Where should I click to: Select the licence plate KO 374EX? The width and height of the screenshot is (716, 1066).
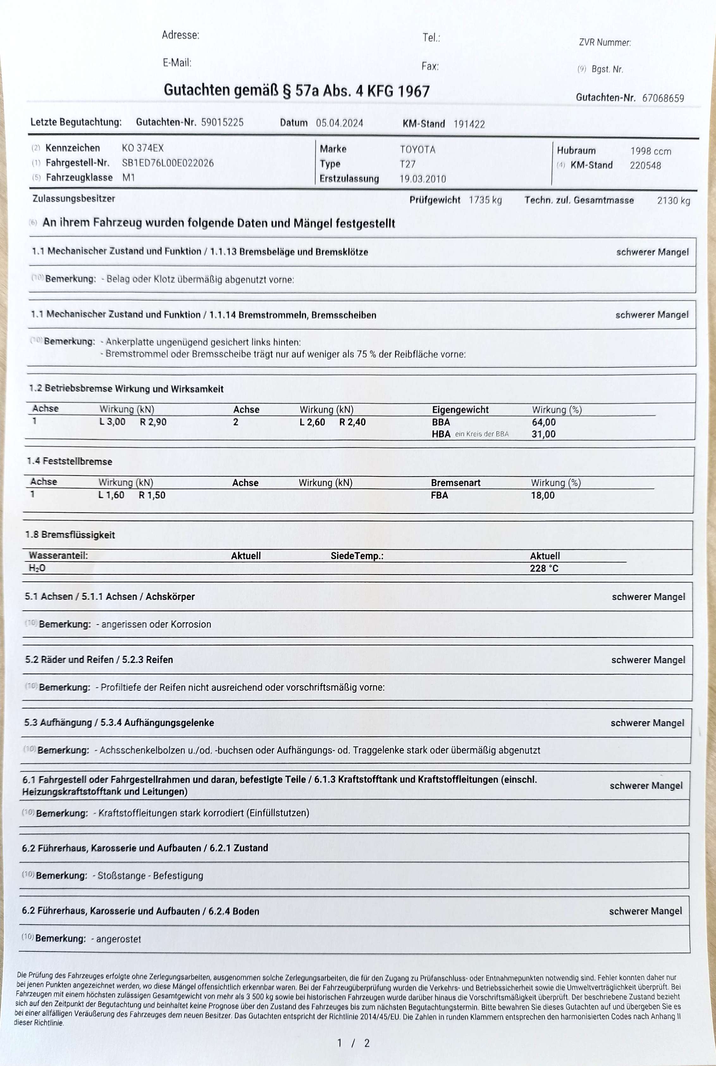click(x=142, y=148)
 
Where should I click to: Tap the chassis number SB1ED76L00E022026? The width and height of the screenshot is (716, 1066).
click(x=168, y=163)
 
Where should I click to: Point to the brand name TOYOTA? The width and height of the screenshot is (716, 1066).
click(x=417, y=149)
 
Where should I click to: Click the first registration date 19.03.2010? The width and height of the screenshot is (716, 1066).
click(x=423, y=179)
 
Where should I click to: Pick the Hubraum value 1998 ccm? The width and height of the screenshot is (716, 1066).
click(x=650, y=151)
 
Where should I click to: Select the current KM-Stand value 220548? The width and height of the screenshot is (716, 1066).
click(x=645, y=166)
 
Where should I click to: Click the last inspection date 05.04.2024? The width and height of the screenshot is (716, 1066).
click(x=339, y=123)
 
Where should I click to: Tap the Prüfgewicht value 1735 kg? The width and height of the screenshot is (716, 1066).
click(x=485, y=200)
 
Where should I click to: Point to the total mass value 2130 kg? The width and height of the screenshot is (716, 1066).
click(x=673, y=201)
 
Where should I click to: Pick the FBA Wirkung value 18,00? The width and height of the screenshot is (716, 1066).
click(x=542, y=495)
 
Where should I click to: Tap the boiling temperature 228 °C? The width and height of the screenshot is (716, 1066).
click(x=544, y=568)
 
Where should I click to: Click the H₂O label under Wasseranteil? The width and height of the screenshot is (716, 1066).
click(x=37, y=568)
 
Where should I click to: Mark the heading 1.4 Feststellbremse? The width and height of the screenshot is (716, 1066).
click(x=69, y=461)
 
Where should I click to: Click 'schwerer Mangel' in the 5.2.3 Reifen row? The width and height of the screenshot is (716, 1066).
click(x=648, y=660)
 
